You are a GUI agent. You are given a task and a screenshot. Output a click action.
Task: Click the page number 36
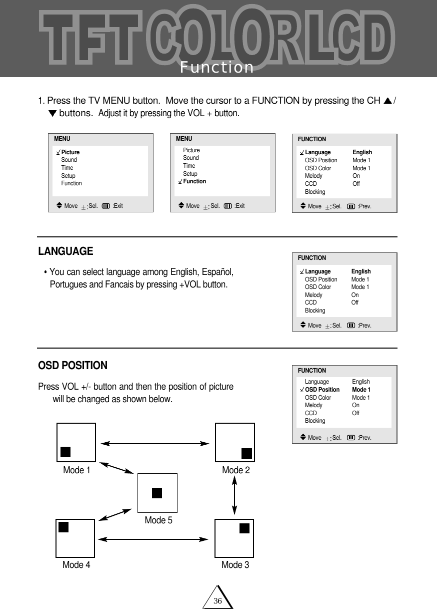[x=217, y=600]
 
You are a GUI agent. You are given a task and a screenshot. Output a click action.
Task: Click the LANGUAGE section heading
[x=65, y=251]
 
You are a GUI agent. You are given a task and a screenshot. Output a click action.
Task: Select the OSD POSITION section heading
[x=72, y=366]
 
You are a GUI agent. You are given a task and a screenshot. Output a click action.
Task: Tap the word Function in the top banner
[x=217, y=67]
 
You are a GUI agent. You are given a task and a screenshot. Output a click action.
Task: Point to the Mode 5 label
[x=158, y=520]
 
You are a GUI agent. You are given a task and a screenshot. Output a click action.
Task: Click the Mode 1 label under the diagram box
[x=76, y=470]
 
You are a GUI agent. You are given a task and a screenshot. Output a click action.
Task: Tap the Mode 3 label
[x=235, y=565]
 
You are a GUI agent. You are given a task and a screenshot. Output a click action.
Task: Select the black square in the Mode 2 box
[x=246, y=453]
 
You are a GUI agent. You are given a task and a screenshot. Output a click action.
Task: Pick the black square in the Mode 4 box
[x=63, y=527]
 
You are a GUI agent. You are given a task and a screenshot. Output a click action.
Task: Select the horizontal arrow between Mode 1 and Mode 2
[x=155, y=443]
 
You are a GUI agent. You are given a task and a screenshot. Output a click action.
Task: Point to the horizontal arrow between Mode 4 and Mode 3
[x=153, y=539]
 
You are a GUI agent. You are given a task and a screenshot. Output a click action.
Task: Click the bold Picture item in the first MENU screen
[x=70, y=152]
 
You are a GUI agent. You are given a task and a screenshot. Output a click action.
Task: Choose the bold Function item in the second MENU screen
[x=194, y=181]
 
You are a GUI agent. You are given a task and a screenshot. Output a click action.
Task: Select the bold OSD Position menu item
[x=322, y=390]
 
